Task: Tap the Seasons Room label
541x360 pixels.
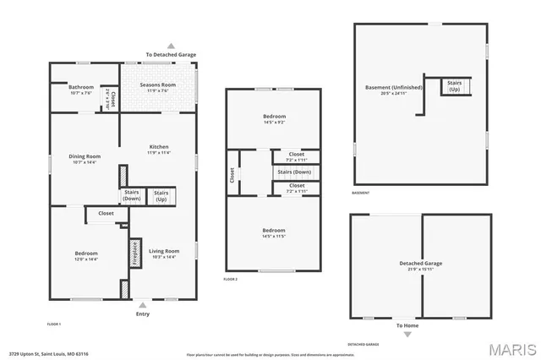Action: tap(158, 86)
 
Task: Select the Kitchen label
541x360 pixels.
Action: tap(159, 149)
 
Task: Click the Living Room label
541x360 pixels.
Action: tap(165, 253)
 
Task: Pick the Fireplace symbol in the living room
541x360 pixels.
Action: tap(134, 253)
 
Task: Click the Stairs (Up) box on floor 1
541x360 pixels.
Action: tap(160, 196)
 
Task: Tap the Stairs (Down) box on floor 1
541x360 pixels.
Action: tap(132, 195)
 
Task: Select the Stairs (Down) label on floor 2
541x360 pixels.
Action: tap(294, 172)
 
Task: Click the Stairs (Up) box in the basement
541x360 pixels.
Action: tap(454, 86)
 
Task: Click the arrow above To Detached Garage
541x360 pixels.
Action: tap(171, 46)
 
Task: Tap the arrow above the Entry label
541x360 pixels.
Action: tap(142, 303)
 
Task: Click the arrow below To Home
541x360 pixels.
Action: tap(407, 334)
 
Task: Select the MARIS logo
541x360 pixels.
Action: tap(511, 348)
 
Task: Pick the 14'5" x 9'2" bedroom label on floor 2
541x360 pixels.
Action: tap(274, 119)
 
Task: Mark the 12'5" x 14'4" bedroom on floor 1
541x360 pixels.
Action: tap(86, 256)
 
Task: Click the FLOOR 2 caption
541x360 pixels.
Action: tap(231, 279)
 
